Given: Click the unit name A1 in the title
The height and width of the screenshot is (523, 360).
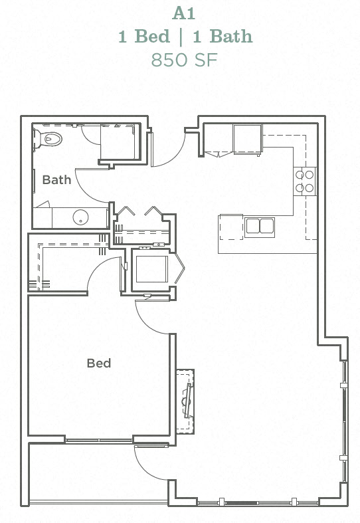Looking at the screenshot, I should coord(185,13).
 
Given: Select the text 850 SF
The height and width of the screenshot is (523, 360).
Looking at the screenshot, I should coord(185,60).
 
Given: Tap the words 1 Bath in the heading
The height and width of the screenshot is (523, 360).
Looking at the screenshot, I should coord(223,36).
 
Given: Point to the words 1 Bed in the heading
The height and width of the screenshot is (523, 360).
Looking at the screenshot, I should coord(144,36).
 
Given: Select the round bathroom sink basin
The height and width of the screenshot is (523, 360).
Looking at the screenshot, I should coord(80,217).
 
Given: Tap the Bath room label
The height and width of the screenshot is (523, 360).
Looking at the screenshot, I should coord(56,179).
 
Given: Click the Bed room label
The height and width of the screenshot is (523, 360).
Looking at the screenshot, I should coord(98,363).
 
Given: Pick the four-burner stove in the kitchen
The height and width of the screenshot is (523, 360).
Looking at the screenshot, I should coord(305,181).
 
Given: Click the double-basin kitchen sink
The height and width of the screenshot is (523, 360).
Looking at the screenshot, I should coord(260,226).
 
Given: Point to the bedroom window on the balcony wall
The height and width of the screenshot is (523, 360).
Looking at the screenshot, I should coord(99,440).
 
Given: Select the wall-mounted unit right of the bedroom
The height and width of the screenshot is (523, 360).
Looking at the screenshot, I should coord(186,401).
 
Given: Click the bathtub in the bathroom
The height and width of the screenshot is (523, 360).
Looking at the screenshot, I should coord(119,142).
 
